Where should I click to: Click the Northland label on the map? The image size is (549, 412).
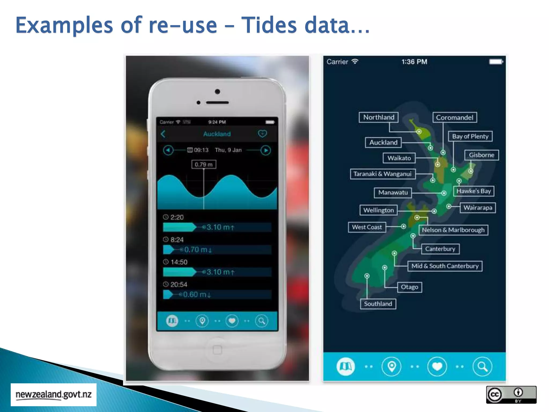[379, 117]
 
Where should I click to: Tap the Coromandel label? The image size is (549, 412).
[455, 117]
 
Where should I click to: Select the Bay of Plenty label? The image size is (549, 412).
[470, 137]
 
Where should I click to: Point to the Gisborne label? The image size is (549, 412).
[481, 155]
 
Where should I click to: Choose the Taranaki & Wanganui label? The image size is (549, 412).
[382, 174]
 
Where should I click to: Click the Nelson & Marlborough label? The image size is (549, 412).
[453, 230]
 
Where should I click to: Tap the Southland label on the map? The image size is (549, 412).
[378, 304]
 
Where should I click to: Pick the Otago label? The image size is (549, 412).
[409, 287]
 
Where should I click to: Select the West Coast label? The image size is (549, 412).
[367, 227]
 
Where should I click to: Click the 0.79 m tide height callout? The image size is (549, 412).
[204, 164]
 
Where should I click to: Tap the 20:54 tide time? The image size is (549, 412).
[179, 285]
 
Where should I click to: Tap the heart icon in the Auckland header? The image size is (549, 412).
[262, 134]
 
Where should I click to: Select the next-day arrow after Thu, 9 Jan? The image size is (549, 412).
[266, 150]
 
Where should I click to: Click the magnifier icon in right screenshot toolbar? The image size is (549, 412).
[482, 366]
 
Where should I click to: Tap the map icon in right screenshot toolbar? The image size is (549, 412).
[346, 366]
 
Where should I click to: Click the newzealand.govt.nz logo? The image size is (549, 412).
[54, 395]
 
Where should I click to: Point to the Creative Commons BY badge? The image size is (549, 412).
[511, 395]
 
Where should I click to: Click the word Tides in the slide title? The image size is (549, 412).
[269, 25]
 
